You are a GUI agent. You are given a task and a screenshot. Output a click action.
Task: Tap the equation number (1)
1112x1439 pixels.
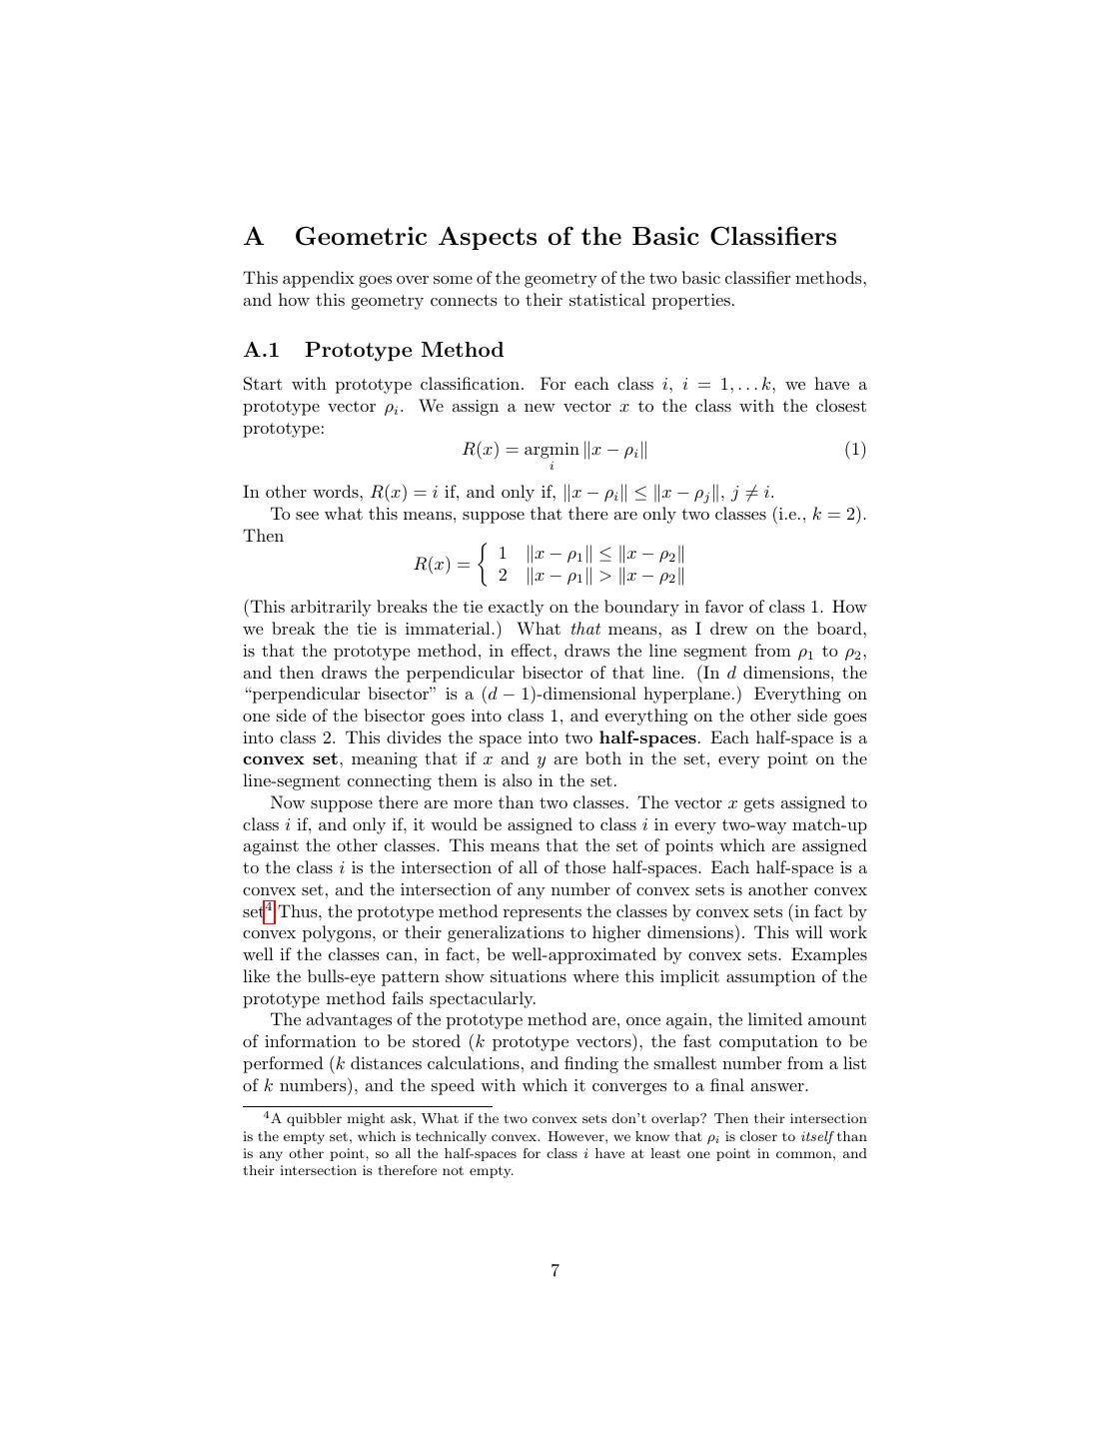point(855,450)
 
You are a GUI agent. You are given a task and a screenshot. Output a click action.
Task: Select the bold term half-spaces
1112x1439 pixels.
point(647,738)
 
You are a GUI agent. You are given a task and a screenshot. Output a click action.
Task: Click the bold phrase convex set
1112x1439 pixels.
point(290,759)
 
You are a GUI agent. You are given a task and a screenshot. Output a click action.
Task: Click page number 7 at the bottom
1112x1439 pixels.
point(555,1271)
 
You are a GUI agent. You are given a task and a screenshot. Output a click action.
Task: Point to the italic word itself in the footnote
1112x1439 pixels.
point(816,1137)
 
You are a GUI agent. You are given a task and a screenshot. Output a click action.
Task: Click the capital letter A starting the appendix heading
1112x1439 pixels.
point(254,238)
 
